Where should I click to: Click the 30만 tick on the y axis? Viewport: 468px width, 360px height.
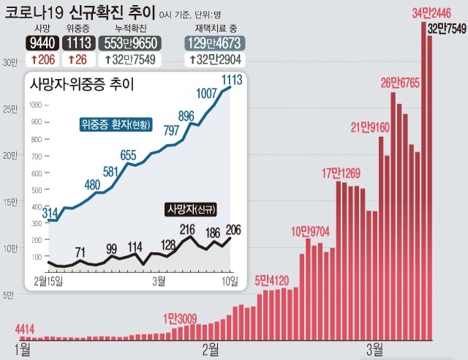click(9, 63)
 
